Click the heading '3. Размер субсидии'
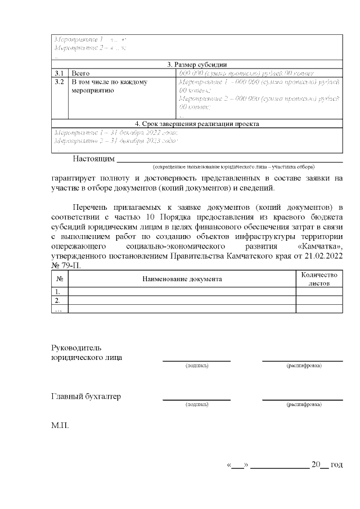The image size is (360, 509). tap(197, 64)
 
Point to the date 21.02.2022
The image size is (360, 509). tap(323, 256)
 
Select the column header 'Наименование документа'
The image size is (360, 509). tap(182, 279)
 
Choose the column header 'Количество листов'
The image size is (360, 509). tap(319, 279)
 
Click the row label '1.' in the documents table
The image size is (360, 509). tap(57, 291)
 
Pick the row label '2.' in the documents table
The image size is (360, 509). tap(57, 300)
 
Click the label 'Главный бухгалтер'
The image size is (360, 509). tap(86, 397)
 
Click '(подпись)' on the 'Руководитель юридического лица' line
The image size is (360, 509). tap(197, 366)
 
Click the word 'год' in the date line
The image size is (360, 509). tap(336, 465)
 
